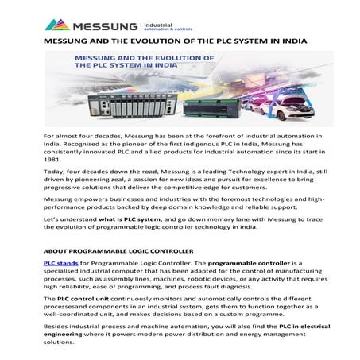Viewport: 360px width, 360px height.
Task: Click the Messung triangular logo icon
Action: (x=56, y=25)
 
